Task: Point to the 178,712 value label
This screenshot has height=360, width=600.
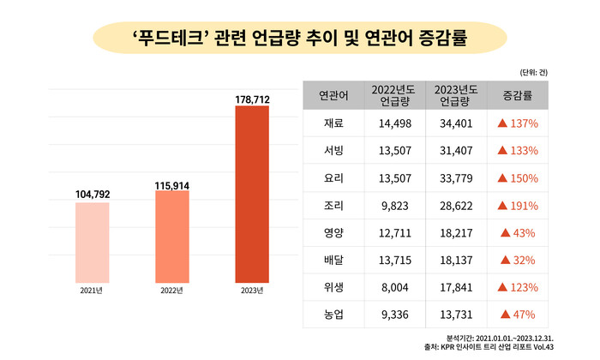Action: click(x=252, y=100)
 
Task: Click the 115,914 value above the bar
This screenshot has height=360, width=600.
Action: click(x=172, y=184)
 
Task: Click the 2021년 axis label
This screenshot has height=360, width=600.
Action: click(x=93, y=291)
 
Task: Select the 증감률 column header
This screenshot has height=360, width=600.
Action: click(x=518, y=95)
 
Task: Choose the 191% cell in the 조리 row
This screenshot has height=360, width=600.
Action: click(x=518, y=206)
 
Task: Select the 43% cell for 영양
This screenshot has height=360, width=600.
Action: click(x=518, y=233)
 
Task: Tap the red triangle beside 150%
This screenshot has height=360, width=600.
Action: click(x=502, y=178)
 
